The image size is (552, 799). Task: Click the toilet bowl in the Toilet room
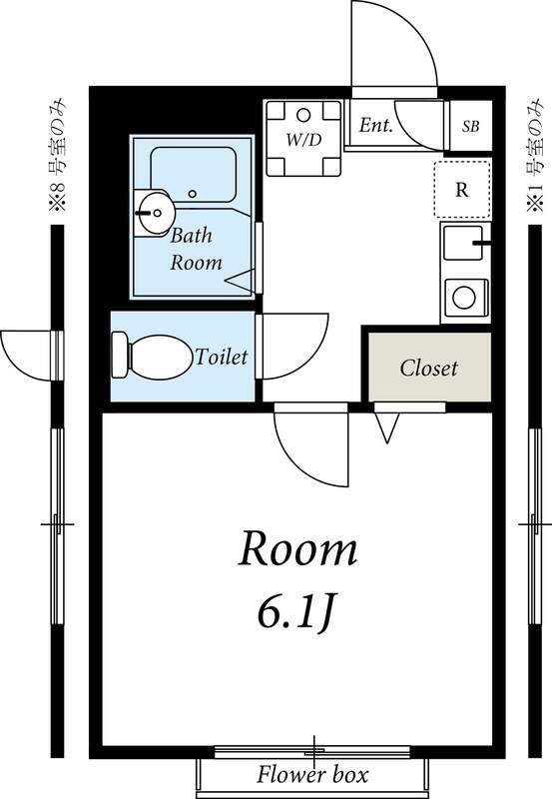(x=162, y=358)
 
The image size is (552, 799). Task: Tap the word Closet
(x=429, y=368)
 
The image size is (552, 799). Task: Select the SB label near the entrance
(x=470, y=126)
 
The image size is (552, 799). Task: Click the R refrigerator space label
(x=461, y=190)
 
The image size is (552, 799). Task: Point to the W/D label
(x=304, y=139)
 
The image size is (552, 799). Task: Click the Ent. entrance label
(x=375, y=125)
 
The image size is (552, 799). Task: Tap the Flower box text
(x=311, y=775)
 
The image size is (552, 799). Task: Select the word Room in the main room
(x=297, y=549)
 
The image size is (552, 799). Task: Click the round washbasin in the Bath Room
(x=155, y=213)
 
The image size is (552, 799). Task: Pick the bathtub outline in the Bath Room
(x=193, y=174)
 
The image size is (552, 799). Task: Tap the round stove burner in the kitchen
(x=464, y=298)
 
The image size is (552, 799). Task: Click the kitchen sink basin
(x=462, y=243)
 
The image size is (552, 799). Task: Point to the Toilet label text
(x=222, y=357)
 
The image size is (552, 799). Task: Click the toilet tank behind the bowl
(x=120, y=355)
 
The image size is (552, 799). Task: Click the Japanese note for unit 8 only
(x=58, y=155)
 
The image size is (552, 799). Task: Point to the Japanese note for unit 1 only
(x=535, y=155)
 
